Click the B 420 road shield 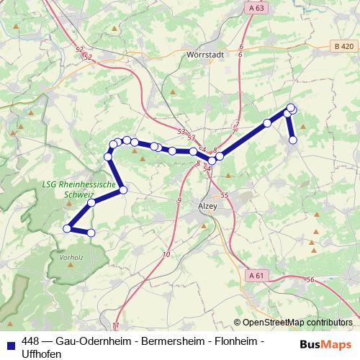343,46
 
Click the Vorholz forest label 73,256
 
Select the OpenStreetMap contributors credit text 297,323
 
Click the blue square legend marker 11,343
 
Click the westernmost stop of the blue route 67,228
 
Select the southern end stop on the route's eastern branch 293,140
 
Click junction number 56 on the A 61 310,279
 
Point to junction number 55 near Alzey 225,195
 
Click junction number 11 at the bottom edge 115,326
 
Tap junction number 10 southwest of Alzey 166,255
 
